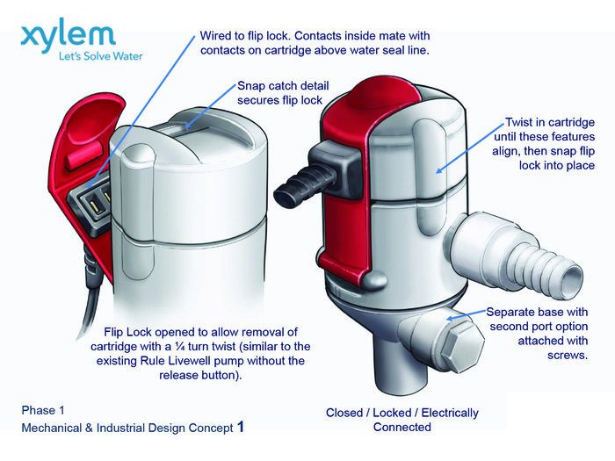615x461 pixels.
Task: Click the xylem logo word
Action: (68, 38)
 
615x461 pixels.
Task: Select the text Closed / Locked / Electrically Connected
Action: (402, 420)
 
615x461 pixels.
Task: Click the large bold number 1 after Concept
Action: (241, 428)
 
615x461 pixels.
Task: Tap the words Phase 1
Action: (45, 410)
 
